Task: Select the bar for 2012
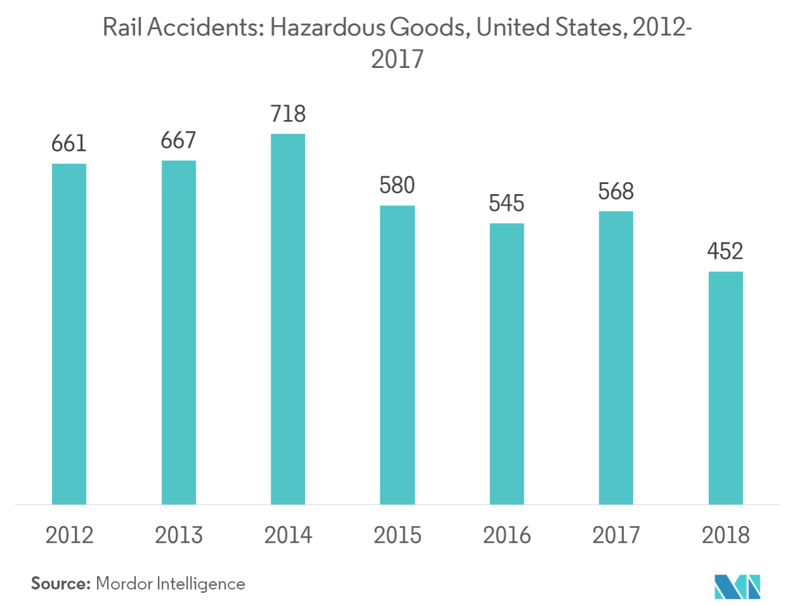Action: [x=69, y=334]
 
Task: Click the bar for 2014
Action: [x=288, y=319]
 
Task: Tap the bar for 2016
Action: [x=507, y=364]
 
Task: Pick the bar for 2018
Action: [x=725, y=388]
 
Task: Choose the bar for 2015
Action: [x=397, y=355]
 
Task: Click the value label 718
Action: [x=288, y=114]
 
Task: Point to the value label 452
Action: [x=725, y=252]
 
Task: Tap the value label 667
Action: [x=178, y=140]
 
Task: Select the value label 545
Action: [x=507, y=203]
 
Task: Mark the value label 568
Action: [x=616, y=191]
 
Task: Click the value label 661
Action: [x=69, y=144]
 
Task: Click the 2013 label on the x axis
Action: [x=179, y=535]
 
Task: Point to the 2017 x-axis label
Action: [x=616, y=535]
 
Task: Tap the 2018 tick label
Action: [x=725, y=535]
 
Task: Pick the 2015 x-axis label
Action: [x=397, y=535]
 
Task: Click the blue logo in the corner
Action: [x=737, y=586]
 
